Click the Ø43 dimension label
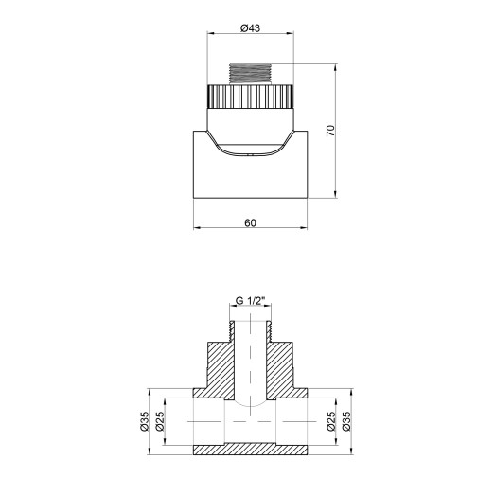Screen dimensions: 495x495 251,28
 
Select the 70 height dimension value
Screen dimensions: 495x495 329,132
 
